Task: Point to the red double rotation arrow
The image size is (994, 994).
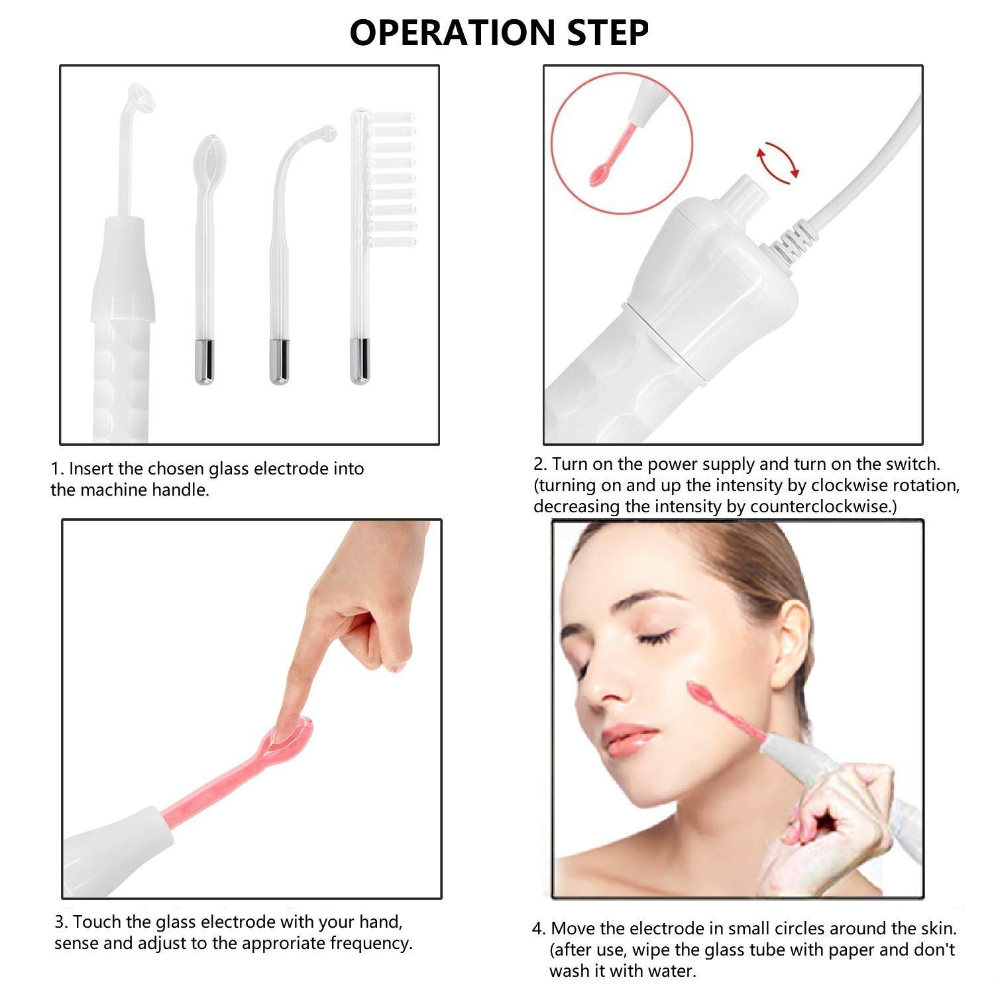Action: coord(777,162)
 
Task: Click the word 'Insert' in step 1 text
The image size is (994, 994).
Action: coord(92,469)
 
